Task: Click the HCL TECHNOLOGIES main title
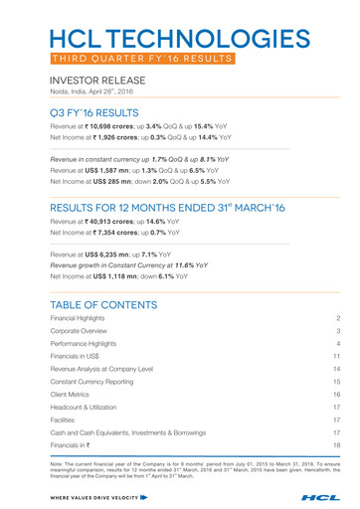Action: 179,39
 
